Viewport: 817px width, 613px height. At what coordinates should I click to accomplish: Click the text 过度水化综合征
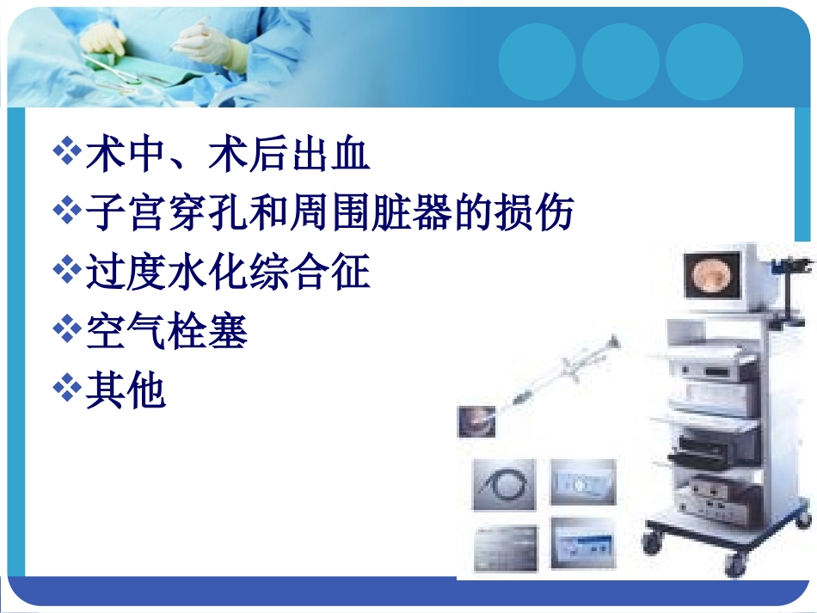pyautogui.click(x=228, y=272)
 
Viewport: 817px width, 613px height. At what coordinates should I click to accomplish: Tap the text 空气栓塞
pyautogui.click(x=167, y=331)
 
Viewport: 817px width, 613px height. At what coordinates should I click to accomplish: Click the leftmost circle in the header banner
pyautogui.click(x=537, y=61)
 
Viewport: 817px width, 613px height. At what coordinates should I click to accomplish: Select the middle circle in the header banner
pyautogui.click(x=620, y=61)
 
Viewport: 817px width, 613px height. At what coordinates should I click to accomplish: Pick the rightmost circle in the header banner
pyautogui.click(x=703, y=61)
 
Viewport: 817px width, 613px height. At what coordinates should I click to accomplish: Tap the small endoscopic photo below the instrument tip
pyautogui.click(x=476, y=422)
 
